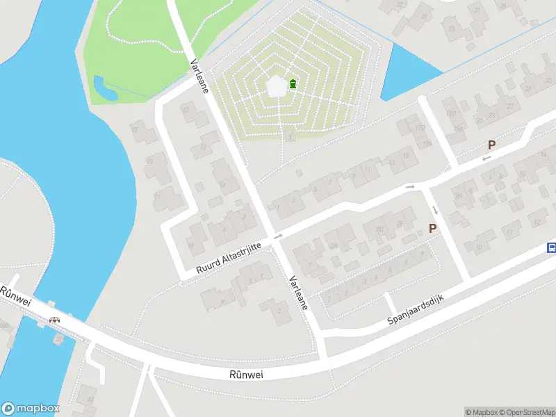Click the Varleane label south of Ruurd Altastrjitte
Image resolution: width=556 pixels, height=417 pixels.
point(300,292)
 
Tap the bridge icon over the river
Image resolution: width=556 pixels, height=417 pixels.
point(54,320)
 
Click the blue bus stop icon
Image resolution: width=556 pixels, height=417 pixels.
point(551,247)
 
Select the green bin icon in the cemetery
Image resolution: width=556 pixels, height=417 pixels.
point(293,84)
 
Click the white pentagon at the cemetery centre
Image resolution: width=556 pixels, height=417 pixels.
point(277,86)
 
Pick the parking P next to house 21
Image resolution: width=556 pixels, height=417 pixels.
point(491,145)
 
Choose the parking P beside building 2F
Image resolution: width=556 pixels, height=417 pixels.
point(432,228)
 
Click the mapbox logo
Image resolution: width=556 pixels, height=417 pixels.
point(31,409)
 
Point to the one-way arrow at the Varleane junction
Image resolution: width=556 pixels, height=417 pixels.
point(279,236)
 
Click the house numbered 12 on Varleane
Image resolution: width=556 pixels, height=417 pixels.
point(204,147)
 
